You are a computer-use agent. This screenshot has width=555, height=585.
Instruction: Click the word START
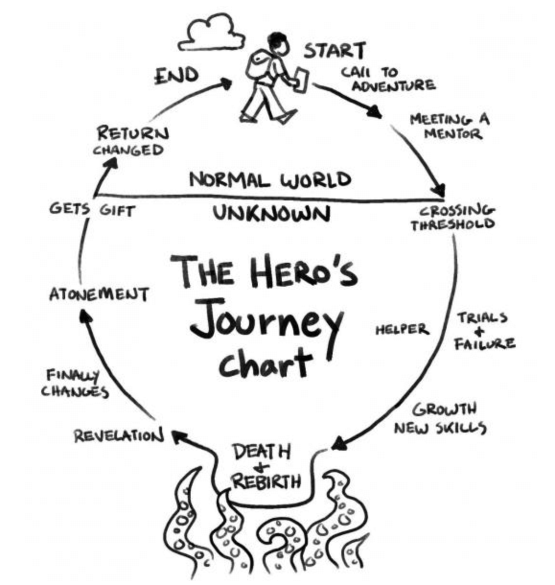[335, 51]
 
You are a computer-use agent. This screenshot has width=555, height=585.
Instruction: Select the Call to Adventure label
[388, 79]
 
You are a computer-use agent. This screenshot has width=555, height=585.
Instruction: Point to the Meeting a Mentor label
[450, 126]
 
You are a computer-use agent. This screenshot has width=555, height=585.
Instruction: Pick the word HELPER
[402, 329]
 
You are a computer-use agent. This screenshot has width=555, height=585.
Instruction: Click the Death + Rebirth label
[266, 466]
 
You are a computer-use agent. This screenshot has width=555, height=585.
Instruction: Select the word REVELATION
[119, 436]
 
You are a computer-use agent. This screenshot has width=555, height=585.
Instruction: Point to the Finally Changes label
[75, 383]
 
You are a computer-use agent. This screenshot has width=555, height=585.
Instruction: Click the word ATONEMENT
[99, 294]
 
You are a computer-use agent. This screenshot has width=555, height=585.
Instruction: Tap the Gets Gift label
[92, 210]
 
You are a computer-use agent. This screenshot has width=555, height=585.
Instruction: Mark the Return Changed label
[130, 141]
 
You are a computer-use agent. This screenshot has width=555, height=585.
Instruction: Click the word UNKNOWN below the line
[271, 213]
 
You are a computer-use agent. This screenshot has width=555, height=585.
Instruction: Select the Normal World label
[270, 180]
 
